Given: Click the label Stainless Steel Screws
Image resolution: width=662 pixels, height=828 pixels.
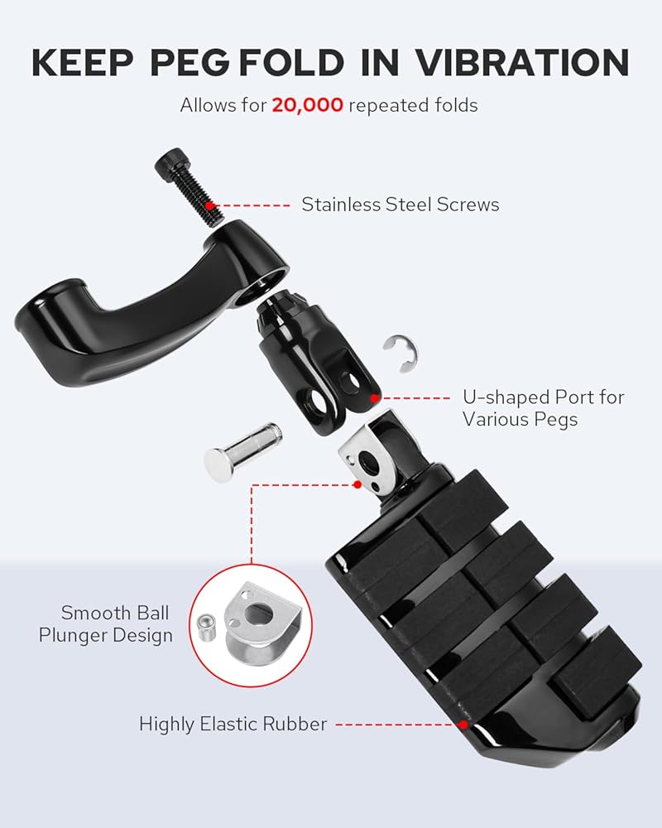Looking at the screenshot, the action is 400,204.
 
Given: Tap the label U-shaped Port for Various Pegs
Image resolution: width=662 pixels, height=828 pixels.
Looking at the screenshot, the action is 543,408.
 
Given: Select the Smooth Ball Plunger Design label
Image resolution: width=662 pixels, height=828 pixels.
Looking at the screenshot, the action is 117,624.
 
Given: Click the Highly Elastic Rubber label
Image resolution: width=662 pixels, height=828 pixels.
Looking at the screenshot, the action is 233,724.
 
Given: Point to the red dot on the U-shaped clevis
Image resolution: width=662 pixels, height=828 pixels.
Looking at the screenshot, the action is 375,398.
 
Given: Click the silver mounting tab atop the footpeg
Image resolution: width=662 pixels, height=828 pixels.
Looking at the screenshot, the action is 363,456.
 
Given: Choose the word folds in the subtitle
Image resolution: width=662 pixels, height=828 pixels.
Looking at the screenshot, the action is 454,106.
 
